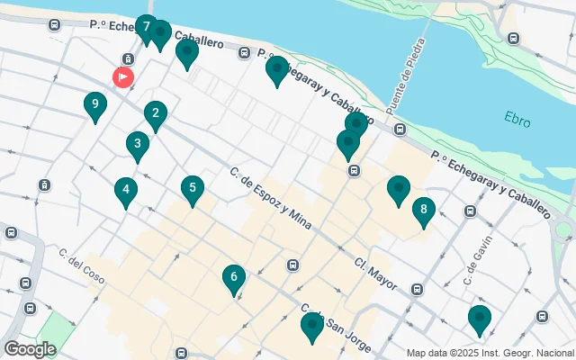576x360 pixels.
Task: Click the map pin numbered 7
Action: (x=146, y=28)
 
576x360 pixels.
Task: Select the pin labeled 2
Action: (x=156, y=114)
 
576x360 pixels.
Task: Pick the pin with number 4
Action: (x=126, y=191)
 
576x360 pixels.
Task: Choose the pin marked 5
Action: (x=191, y=189)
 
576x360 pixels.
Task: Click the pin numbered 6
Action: (x=233, y=278)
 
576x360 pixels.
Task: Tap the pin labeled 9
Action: (x=94, y=105)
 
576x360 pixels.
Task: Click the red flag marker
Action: (x=123, y=77)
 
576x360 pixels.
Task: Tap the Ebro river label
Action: (x=517, y=118)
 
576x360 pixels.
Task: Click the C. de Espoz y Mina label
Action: (x=270, y=199)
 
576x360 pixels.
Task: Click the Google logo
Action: (x=30, y=348)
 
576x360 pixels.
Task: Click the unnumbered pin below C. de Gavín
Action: (x=479, y=319)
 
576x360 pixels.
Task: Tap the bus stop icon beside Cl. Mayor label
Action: (x=417, y=290)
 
